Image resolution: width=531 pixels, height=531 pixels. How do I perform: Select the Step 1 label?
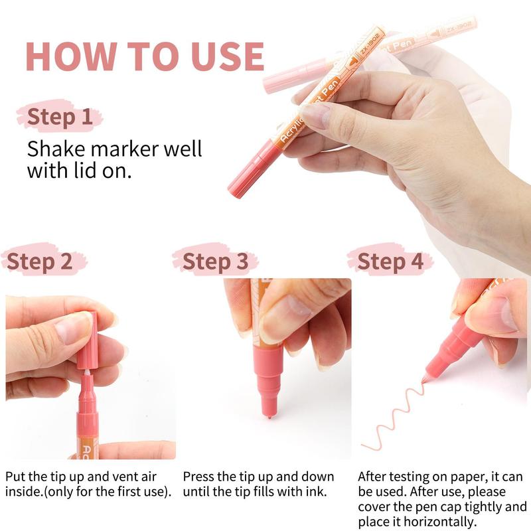60,117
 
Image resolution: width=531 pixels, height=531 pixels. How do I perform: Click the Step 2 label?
39,262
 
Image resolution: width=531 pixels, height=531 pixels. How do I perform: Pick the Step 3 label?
215,262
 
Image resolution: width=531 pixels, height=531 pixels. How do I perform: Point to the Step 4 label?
390,262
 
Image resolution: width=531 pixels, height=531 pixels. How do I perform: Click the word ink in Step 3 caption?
316,491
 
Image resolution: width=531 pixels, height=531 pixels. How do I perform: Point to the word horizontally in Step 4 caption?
441,522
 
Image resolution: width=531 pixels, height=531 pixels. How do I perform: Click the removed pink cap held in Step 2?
87,340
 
